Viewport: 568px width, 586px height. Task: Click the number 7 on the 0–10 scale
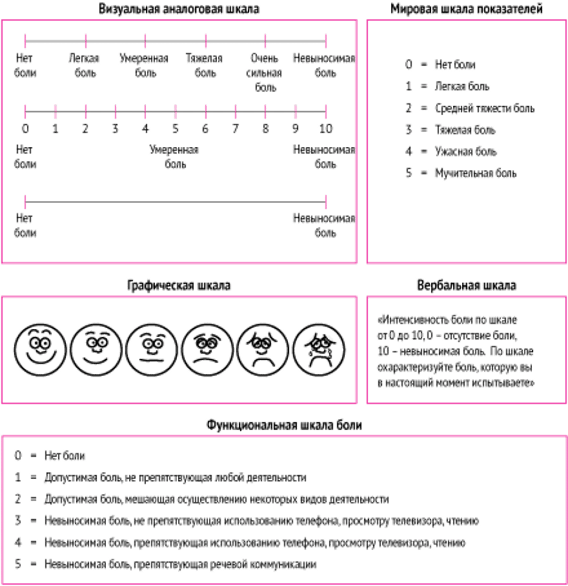tap(236, 128)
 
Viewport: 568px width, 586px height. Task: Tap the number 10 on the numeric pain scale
tap(326, 128)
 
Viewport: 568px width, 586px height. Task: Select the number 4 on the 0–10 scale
tap(145, 128)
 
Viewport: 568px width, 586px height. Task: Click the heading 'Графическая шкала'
tap(179, 286)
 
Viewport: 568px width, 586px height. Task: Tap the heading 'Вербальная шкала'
tap(466, 286)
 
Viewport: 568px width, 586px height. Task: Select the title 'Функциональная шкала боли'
tap(285, 425)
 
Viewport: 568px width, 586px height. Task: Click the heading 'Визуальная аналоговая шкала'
tap(179, 9)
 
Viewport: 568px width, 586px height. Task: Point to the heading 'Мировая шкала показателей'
tap(466, 9)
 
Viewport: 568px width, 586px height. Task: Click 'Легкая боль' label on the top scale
tap(85, 65)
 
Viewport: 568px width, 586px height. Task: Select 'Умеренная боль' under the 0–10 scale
tap(175, 157)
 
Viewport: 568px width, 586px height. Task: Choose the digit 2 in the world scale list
tap(409, 108)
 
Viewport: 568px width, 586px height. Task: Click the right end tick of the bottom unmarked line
tap(326, 201)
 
